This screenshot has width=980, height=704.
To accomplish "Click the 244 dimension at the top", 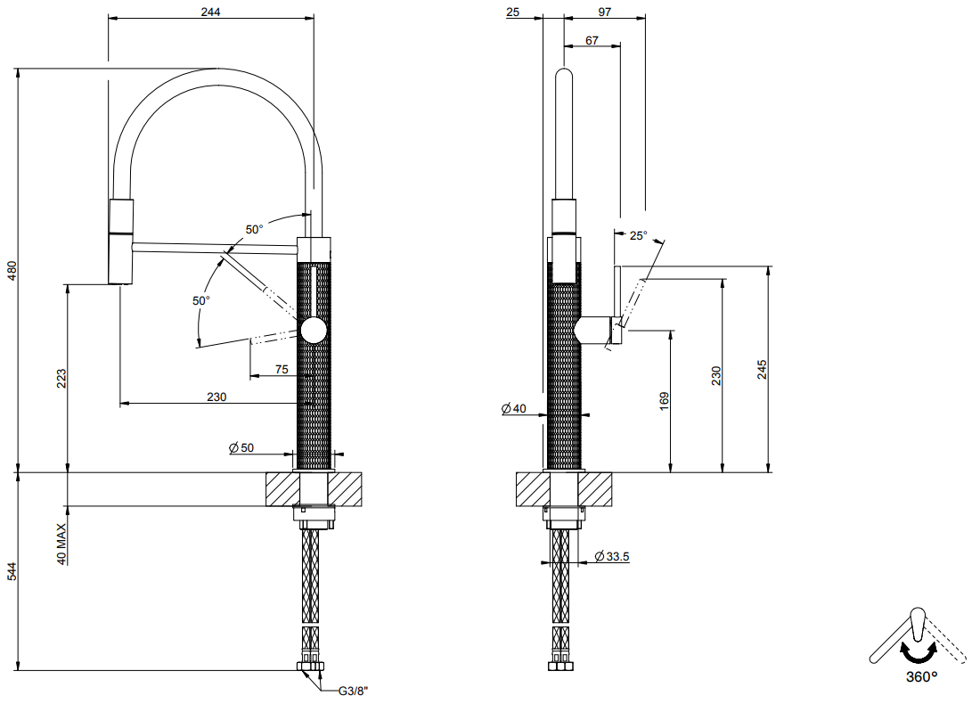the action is point(210,12).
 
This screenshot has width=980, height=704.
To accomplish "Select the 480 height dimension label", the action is point(12,271).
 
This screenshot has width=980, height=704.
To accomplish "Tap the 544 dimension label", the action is point(12,571).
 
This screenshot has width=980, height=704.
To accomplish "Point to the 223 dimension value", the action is point(61,378).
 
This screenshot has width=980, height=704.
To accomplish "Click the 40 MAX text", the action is point(61,544).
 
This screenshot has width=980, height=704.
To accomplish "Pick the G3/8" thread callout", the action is point(353,691).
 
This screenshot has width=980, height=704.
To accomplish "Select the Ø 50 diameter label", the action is point(241,447).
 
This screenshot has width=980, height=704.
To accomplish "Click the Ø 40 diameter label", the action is point(514,408).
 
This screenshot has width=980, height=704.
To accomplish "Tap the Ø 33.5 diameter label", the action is point(612,556).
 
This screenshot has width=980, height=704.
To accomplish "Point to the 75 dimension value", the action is point(282,370).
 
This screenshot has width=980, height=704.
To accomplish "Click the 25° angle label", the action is point(638,236).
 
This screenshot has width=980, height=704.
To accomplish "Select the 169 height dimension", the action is point(664,401).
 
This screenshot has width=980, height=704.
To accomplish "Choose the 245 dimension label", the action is point(761,369).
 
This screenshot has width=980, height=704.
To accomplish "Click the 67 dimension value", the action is point(592,41).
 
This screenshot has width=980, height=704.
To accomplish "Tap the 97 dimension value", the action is point(604,12).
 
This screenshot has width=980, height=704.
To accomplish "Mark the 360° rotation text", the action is point(922,676).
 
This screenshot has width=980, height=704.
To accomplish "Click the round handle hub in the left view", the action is point(314,330).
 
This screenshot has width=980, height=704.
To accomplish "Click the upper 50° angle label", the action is point(254,229).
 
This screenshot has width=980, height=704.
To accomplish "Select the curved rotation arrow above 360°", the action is point(919,654).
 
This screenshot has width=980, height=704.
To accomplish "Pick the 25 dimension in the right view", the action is point(512,12).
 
